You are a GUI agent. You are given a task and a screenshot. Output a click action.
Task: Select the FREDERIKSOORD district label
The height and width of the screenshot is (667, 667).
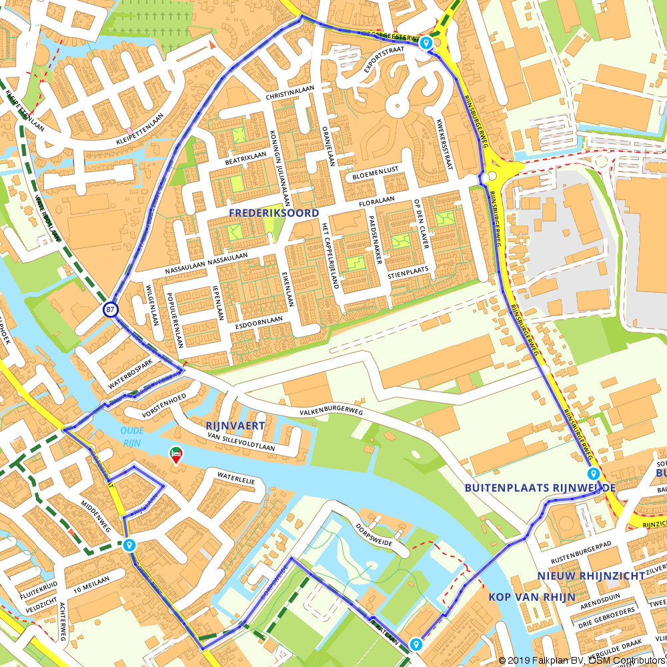pyautogui.click(x=273, y=213)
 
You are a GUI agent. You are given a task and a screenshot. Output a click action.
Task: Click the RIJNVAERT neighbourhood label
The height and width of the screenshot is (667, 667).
pyautogui.click(x=235, y=425)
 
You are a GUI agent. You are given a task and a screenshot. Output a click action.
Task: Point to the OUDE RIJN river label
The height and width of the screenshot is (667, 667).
pyautogui.click(x=132, y=435)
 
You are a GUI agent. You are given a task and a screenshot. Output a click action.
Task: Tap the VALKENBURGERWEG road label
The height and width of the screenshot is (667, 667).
pyautogui.click(x=331, y=412)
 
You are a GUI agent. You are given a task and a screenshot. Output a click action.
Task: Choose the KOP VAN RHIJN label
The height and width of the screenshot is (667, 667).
pyautogui.click(x=531, y=597)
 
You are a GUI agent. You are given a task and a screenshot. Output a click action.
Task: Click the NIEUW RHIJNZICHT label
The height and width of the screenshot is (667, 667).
pyautogui.click(x=592, y=576)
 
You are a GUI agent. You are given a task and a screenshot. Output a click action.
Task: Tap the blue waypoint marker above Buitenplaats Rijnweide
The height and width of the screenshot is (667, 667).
pyautogui.click(x=593, y=474)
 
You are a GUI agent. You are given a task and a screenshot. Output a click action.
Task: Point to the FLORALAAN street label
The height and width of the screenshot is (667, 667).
pyautogui.click(x=377, y=199)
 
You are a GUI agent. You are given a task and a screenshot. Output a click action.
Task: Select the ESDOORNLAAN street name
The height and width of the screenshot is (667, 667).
pyautogui.click(x=259, y=323)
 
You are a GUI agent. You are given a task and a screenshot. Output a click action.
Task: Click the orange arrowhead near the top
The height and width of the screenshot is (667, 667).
pyautogui.click(x=212, y=45)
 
